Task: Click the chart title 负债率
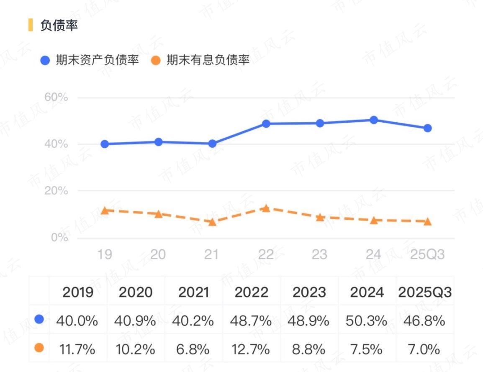coord(59,25)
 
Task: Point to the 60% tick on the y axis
coord(56,97)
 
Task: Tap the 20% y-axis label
coord(56,191)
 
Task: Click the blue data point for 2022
coord(266,124)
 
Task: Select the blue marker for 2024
coord(374,120)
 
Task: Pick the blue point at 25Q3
coord(427,128)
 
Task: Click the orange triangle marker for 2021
coord(212,222)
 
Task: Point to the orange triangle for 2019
coord(105,210)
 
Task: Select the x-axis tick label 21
coord(211,254)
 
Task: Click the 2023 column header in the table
coord(309,292)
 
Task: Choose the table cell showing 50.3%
coord(367,321)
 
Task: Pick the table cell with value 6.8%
coord(193,349)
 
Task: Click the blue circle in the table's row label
coord(39,320)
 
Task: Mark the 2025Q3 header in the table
coord(424,292)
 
